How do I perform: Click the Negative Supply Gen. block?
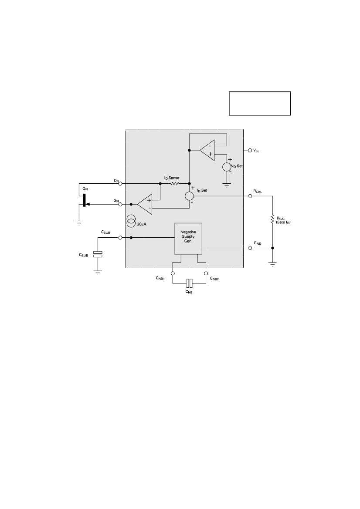click(188, 239)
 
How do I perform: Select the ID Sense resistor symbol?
click(174, 183)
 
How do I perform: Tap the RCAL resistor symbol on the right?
click(272, 220)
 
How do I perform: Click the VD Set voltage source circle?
click(227, 167)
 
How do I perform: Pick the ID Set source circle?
click(190, 196)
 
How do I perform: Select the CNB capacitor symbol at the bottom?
click(190, 283)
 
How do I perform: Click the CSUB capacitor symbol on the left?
click(98, 254)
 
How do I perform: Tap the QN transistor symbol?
click(84, 200)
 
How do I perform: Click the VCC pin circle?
click(250, 150)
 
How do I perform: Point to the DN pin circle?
click(120, 183)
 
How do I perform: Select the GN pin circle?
click(120, 204)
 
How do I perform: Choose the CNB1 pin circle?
click(173, 273)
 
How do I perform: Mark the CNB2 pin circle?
click(206, 273)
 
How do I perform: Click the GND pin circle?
click(250, 248)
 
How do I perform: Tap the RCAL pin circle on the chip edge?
click(250, 196)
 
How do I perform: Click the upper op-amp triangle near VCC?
click(207, 150)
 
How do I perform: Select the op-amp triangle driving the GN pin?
click(145, 204)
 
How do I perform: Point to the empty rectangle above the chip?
click(260, 104)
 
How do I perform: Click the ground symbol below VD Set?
click(227, 185)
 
